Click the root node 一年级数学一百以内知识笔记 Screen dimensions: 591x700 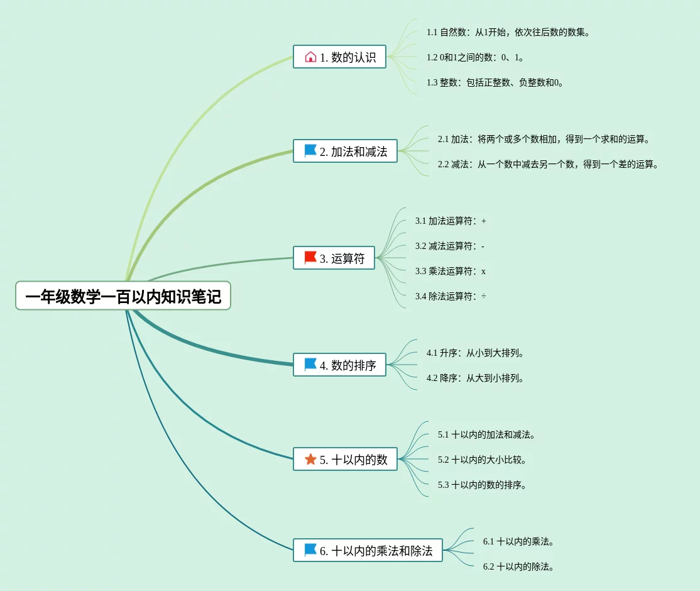[x=123, y=296]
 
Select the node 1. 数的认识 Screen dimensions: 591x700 [x=339, y=57]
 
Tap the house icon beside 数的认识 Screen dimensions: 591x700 [x=310, y=57]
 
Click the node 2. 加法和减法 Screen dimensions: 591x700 [x=345, y=152]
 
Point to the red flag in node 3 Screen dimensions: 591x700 [x=310, y=258]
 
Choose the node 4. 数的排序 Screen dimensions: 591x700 [x=339, y=365]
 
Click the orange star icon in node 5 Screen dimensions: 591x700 [x=310, y=460]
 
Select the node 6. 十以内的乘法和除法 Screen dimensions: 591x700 [x=368, y=551]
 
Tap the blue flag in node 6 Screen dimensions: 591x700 [x=310, y=550]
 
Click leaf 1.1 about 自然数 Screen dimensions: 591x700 [x=508, y=32]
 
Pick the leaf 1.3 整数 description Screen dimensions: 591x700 [x=495, y=82]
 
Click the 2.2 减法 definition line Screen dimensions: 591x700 [x=547, y=164]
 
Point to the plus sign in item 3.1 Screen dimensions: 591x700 [x=484, y=221]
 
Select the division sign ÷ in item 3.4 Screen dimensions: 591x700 [x=484, y=296]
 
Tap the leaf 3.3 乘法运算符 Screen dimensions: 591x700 [x=450, y=271]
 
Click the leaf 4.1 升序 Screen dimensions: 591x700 [x=475, y=353]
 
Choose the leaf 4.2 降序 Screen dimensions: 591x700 [x=475, y=378]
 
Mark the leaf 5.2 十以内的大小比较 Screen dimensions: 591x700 [x=482, y=460]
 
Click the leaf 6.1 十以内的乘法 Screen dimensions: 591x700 [x=518, y=541]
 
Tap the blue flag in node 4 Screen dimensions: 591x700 [x=310, y=365]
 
